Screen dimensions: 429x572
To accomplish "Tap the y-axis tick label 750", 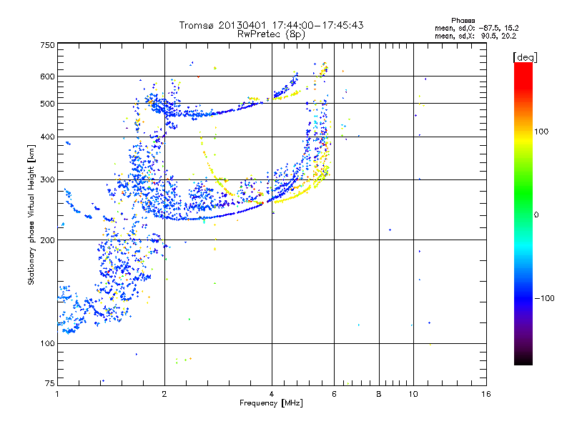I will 47,45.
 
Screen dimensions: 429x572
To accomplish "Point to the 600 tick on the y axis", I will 47,77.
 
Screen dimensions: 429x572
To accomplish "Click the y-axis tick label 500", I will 47,104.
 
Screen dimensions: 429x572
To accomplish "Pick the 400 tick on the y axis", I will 47,137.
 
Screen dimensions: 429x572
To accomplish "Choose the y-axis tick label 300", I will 47,180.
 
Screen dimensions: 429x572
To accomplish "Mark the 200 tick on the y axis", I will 47,240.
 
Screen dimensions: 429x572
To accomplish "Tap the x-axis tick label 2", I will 164,394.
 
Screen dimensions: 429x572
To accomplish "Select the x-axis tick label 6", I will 334,394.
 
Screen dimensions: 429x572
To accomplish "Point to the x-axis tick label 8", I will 379,394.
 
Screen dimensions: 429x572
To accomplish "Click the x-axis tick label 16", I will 486,394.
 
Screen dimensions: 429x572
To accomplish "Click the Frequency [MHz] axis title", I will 271,403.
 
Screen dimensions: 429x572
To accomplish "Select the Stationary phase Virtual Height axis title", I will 31,214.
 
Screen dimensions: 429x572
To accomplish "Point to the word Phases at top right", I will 465,20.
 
